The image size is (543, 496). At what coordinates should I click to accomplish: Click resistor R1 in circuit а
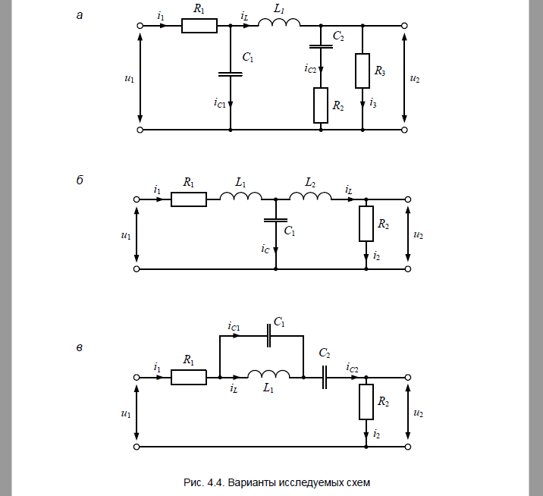(199, 26)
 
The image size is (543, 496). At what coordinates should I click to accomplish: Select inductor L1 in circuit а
(279, 23)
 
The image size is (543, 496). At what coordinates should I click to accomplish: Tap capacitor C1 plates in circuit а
(231, 74)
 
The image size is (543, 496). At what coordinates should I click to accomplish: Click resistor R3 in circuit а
(363, 71)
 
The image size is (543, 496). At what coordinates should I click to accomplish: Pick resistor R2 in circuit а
(321, 105)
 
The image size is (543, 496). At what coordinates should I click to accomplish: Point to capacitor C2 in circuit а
(321, 46)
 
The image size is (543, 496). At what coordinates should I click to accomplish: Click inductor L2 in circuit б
(310, 196)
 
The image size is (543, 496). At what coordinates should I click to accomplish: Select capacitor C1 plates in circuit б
(275, 220)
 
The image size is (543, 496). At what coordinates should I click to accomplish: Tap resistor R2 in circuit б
(366, 224)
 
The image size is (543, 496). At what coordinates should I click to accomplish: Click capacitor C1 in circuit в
(268, 336)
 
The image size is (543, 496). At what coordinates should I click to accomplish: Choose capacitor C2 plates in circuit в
(325, 377)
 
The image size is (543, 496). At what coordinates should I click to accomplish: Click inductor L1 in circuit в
(268, 375)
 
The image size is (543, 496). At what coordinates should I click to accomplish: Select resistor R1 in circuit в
(189, 377)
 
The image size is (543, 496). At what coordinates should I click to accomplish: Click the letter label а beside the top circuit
(80, 16)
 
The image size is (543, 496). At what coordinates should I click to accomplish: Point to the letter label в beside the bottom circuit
(80, 348)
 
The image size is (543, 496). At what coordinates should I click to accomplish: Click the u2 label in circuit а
(415, 79)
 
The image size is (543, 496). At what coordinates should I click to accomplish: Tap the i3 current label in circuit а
(373, 103)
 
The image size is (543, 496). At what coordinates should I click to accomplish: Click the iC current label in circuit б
(265, 249)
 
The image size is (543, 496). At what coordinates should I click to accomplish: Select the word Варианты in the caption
(252, 482)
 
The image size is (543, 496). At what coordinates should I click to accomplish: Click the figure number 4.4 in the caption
(215, 482)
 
